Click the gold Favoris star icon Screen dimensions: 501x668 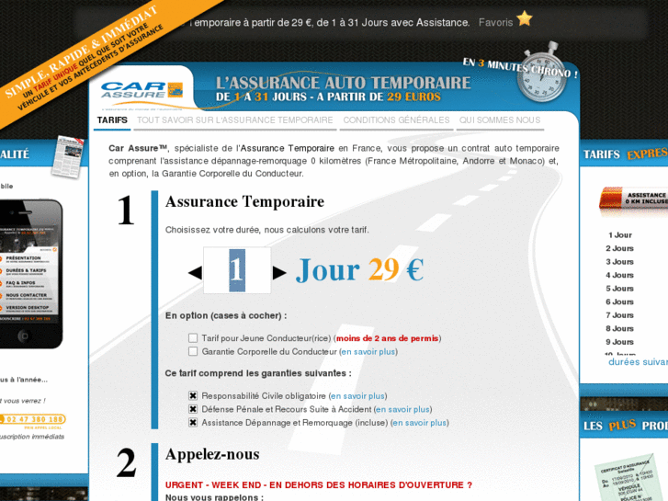click(x=524, y=18)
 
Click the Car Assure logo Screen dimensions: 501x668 click(x=142, y=91)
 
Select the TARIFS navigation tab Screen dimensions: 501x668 click(x=112, y=120)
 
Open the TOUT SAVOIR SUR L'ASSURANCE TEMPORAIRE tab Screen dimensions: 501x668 click(x=235, y=120)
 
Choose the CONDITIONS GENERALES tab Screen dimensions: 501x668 click(x=396, y=120)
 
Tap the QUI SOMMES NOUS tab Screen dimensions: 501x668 click(x=500, y=120)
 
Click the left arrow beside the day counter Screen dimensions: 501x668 click(x=195, y=272)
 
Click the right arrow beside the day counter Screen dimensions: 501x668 click(x=279, y=272)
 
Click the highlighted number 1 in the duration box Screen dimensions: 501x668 click(x=237, y=270)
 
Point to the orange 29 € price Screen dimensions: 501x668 click(x=396, y=269)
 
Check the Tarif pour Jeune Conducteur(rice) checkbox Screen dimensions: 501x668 click(x=193, y=338)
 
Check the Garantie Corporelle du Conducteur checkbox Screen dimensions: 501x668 click(x=193, y=351)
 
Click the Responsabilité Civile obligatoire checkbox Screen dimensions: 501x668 click(x=193, y=396)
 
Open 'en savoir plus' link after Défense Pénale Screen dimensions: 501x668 click(x=403, y=410)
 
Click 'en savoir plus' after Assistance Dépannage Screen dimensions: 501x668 click(x=420, y=423)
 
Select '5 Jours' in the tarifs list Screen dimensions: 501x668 click(x=619, y=289)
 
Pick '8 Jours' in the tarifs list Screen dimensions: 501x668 click(x=619, y=328)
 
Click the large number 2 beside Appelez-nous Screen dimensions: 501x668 click(x=127, y=463)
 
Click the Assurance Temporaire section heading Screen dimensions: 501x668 click(x=244, y=201)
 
